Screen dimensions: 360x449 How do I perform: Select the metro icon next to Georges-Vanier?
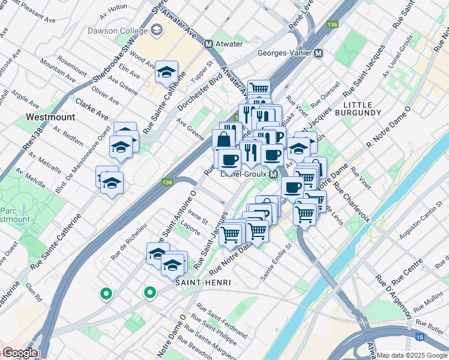pos(319,53)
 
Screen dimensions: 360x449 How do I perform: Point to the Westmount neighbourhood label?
pos(49,115)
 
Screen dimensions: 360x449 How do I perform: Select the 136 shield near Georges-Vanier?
pos(332,25)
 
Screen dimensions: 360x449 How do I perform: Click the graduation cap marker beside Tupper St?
pos(166,73)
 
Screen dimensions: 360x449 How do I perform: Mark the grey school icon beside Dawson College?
pos(156,30)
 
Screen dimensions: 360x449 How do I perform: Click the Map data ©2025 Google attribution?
pos(412,355)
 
